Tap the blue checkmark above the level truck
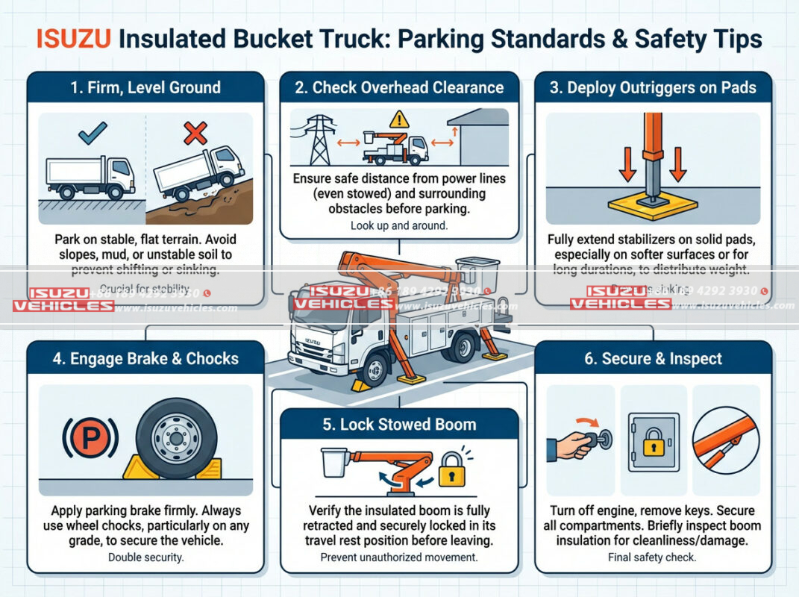pyautogui.click(x=93, y=133)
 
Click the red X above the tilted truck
pyautogui.click(x=195, y=134)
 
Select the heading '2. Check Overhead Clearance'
pyautogui.click(x=399, y=87)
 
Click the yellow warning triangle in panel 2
pyautogui.click(x=400, y=119)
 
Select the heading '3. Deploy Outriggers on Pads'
pyautogui.click(x=653, y=87)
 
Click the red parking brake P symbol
pyautogui.click(x=89, y=439)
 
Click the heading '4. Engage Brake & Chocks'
pyautogui.click(x=145, y=358)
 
